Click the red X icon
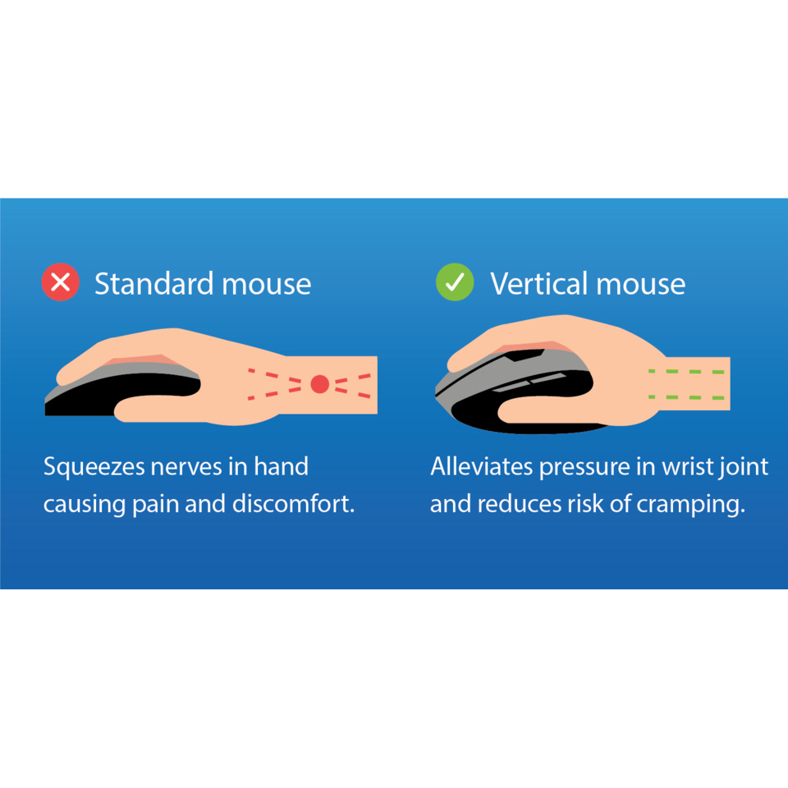tap(60, 282)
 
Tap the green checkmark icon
tap(455, 282)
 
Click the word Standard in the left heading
tap(154, 283)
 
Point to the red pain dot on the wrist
tap(319, 384)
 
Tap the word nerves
tap(186, 467)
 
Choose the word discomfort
tap(294, 503)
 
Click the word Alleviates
tap(482, 466)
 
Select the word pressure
tap(584, 468)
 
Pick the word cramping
tap(690, 505)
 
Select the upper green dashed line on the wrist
tap(686, 371)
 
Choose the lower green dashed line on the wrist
tap(686, 397)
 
